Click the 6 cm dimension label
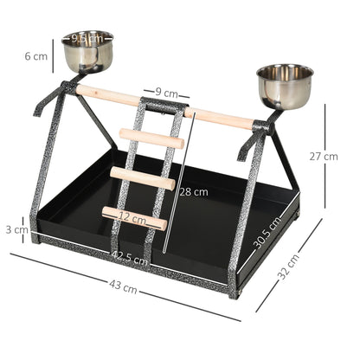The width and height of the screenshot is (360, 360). coord(36,56)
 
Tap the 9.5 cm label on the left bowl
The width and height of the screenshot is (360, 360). coord(87,38)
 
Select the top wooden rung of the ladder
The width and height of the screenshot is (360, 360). coord(151,138)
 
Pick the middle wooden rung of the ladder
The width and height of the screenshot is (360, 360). coord(143,177)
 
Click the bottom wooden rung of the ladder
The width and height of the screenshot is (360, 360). coord(134,218)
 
